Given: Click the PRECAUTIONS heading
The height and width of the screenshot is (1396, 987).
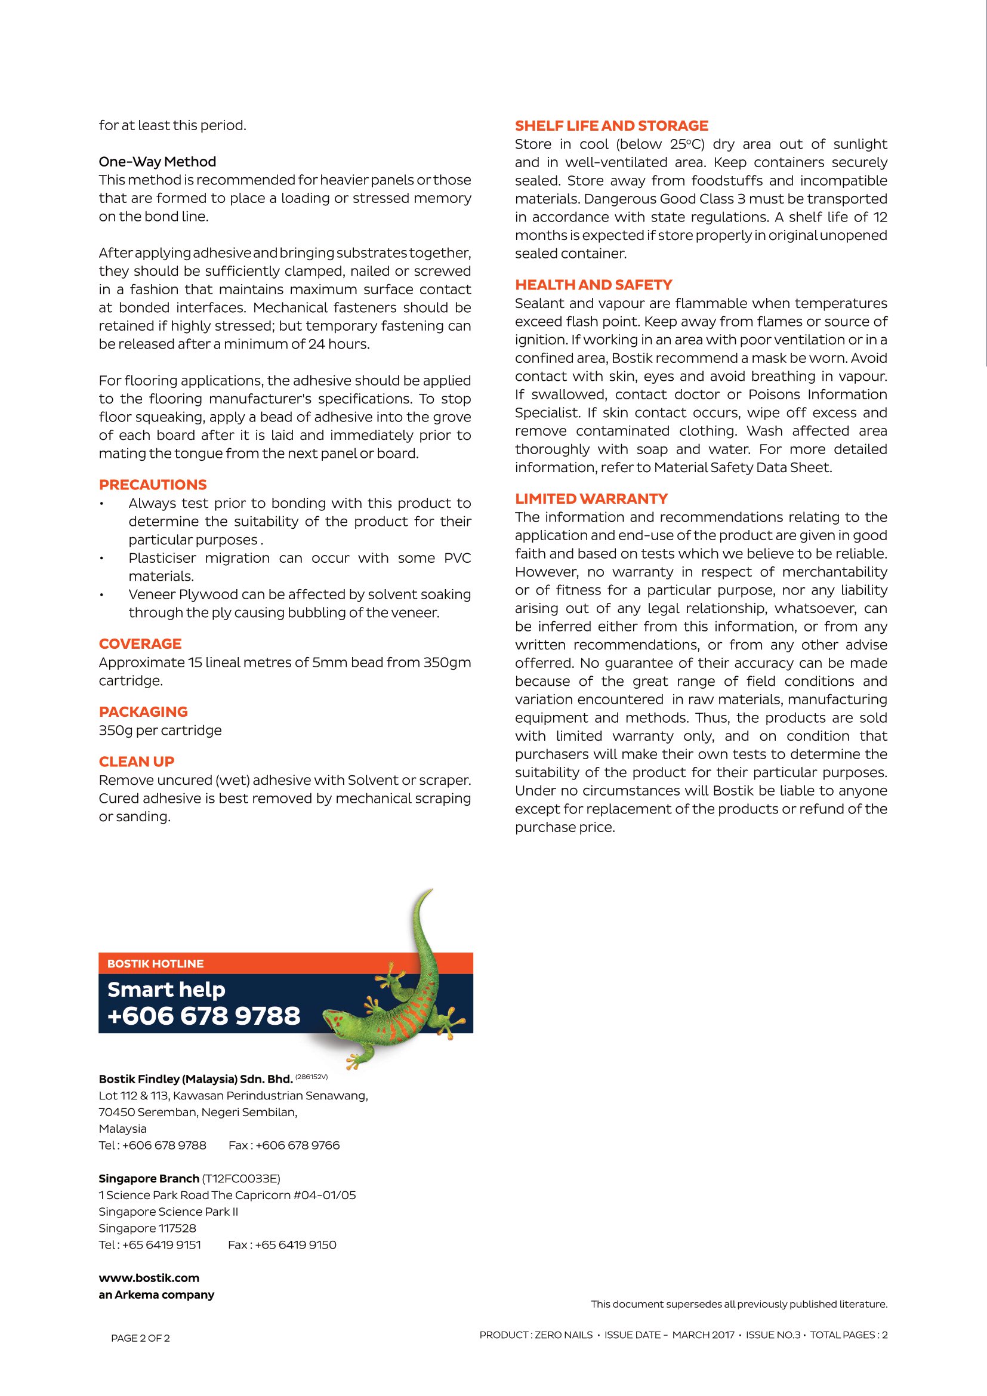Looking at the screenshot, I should (153, 485).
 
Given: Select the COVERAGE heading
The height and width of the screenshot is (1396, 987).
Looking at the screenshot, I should (140, 643).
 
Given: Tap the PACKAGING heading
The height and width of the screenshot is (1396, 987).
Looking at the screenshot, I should (143, 711).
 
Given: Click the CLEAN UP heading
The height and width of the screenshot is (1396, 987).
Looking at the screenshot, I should (136, 761).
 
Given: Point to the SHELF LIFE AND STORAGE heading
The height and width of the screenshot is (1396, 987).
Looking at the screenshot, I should (612, 126).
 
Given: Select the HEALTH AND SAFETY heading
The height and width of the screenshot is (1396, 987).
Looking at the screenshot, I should (593, 285).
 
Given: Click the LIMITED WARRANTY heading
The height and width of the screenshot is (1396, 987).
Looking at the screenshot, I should (591, 498).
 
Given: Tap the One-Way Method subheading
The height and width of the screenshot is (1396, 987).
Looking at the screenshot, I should (158, 162).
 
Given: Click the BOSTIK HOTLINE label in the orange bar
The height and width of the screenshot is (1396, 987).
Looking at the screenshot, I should (155, 964).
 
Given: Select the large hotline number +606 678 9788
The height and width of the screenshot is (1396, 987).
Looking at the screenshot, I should (203, 1016).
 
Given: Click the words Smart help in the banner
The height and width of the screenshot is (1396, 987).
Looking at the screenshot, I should (166, 990).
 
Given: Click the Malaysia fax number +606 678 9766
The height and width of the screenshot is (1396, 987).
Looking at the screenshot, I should (297, 1145).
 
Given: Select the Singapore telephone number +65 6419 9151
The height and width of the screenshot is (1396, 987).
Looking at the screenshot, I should (161, 1244).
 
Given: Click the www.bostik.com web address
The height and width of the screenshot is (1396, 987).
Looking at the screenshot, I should (149, 1278).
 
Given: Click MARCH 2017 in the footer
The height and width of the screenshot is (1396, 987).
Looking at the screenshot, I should (702, 1335).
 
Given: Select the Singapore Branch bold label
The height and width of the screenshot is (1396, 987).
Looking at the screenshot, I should (149, 1178).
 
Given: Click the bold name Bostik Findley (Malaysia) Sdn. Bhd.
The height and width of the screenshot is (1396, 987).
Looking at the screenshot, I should (196, 1079).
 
